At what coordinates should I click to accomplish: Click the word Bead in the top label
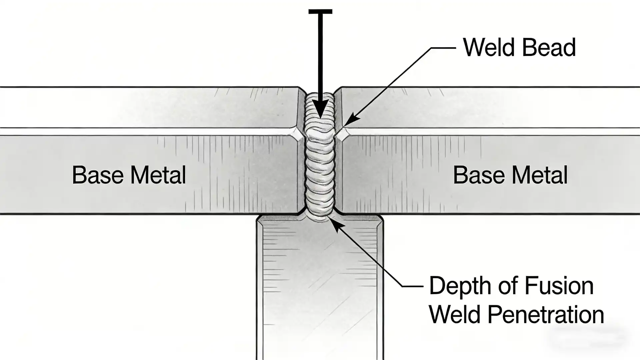click(x=549, y=48)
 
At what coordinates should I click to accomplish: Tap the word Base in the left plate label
click(x=98, y=175)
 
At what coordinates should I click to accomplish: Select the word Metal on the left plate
click(x=158, y=175)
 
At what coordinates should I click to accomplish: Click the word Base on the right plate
click(x=479, y=175)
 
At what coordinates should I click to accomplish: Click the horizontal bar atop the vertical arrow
click(x=320, y=12)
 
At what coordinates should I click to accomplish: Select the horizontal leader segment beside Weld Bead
click(x=443, y=48)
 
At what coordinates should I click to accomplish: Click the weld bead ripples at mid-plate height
click(x=320, y=167)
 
